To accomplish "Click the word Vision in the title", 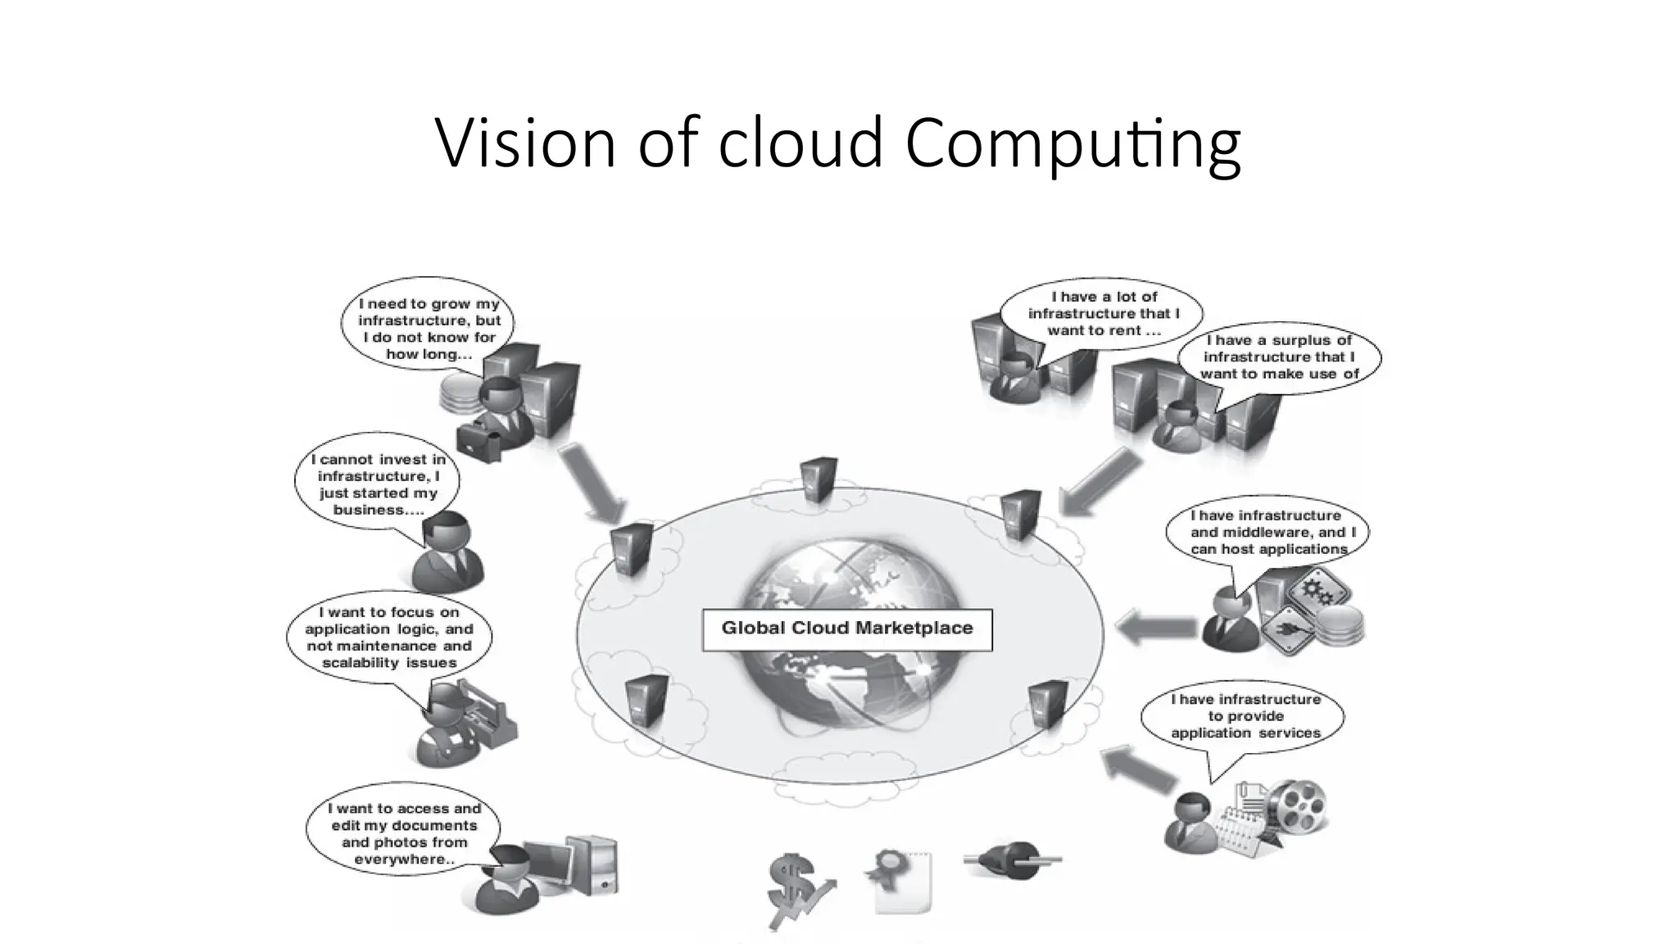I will tap(524, 143).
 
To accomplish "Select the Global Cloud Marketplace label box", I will tap(847, 629).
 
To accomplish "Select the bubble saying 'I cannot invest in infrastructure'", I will tap(378, 483).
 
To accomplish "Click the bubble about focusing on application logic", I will tap(389, 637).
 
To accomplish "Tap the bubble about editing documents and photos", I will tap(404, 833).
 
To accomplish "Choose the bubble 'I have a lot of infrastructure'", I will tap(1103, 314).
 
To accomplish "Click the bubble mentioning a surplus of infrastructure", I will tap(1279, 357).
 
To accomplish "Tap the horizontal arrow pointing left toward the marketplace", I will tap(1155, 629).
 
